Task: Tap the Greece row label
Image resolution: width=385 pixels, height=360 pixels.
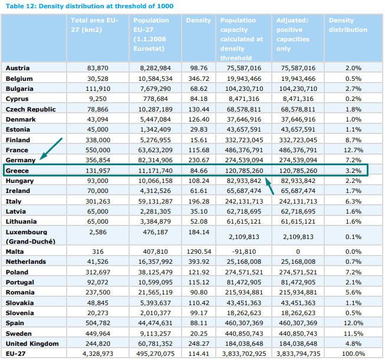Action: click(17, 171)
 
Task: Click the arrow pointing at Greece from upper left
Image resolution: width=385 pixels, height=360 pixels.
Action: click(48, 150)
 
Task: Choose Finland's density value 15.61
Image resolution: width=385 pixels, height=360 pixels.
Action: click(199, 140)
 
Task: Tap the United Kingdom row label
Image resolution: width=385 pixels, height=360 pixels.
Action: click(32, 344)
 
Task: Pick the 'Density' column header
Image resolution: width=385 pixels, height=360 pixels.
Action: click(198, 21)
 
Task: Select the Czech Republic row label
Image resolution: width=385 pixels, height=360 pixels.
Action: click(31, 109)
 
